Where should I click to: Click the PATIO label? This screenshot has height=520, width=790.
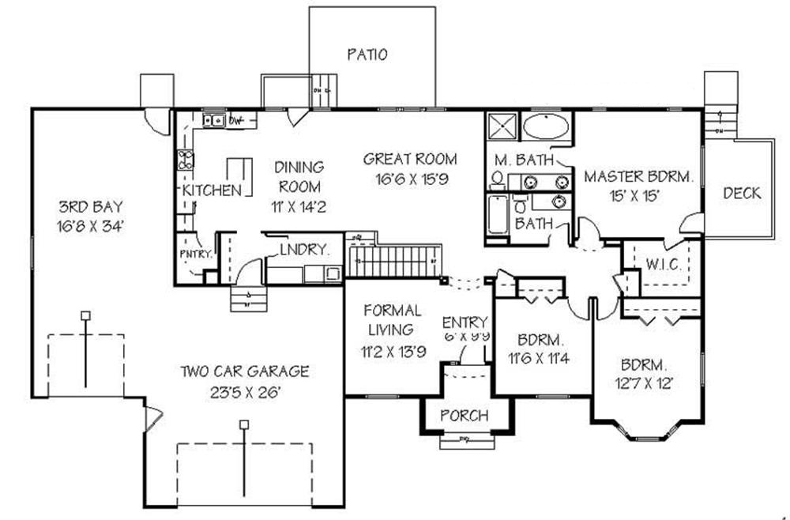point(367,55)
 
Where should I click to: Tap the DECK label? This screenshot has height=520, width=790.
point(741,193)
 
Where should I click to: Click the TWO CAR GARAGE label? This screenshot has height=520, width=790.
point(244,371)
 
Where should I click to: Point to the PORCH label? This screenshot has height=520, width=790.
point(464,416)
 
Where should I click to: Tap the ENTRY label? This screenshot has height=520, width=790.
point(465,322)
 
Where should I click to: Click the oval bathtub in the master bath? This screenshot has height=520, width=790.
point(545,127)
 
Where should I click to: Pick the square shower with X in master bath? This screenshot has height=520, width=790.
point(501,127)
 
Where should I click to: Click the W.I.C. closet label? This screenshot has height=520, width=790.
point(664,264)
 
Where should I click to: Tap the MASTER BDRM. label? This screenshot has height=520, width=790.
point(638,176)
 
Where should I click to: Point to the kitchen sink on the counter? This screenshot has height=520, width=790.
point(213,121)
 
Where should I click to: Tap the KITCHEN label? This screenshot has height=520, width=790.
point(211,191)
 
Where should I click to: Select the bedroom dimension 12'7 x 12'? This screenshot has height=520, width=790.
point(646,386)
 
